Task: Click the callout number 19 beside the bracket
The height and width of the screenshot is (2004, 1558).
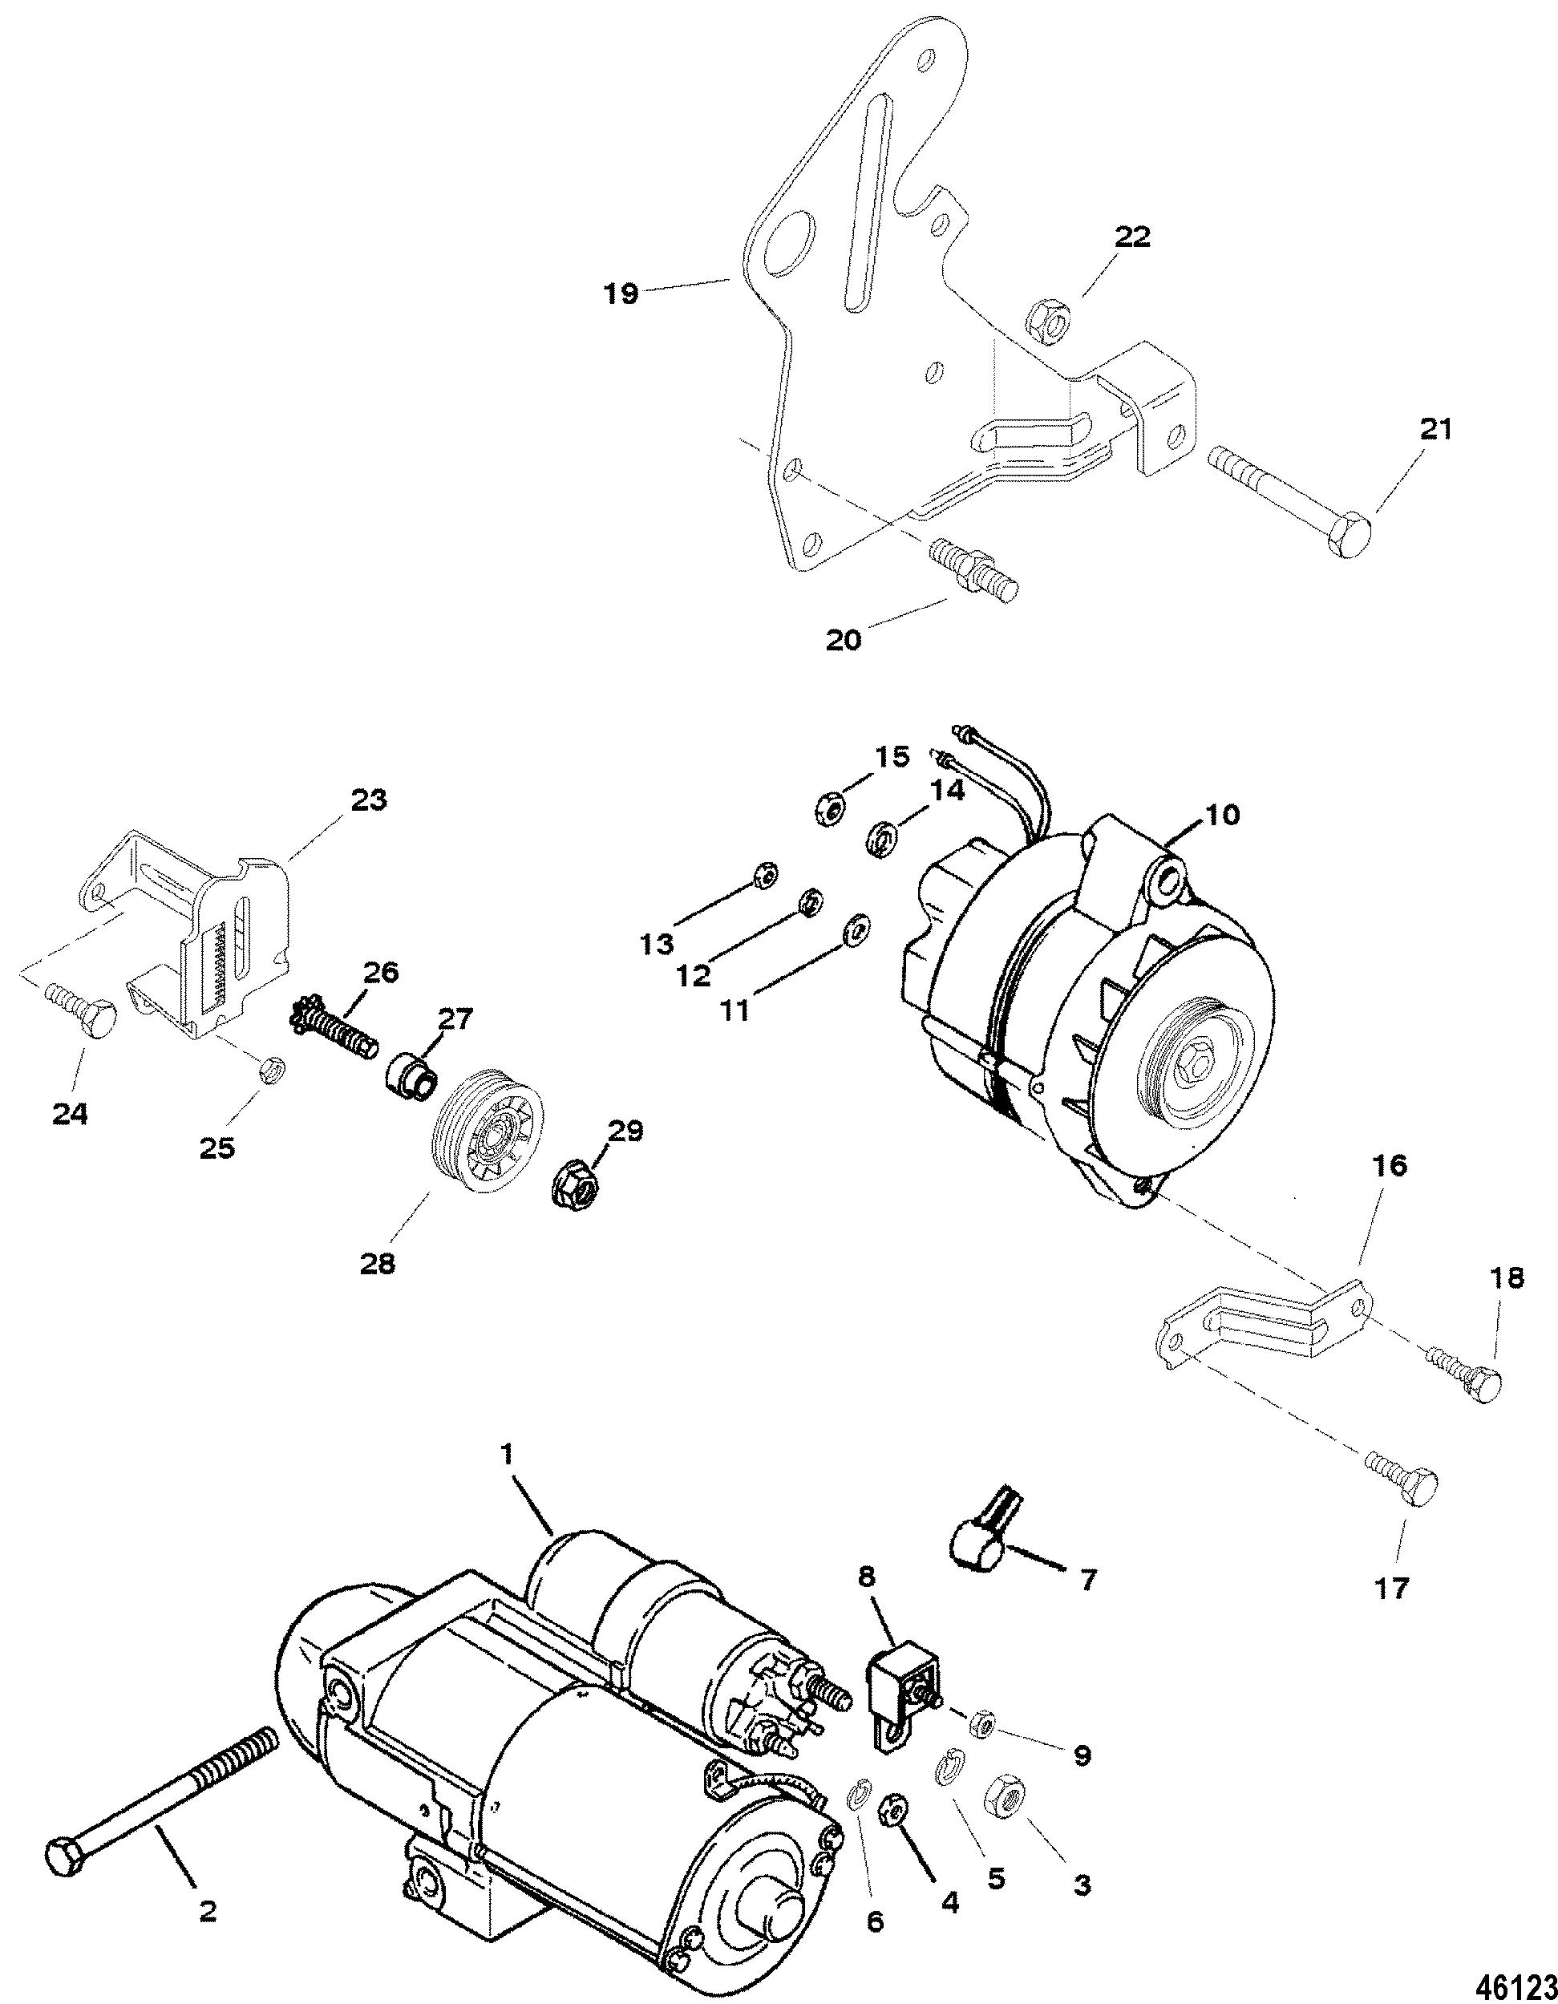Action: click(x=621, y=295)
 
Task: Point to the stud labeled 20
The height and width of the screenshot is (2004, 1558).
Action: click(x=973, y=570)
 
